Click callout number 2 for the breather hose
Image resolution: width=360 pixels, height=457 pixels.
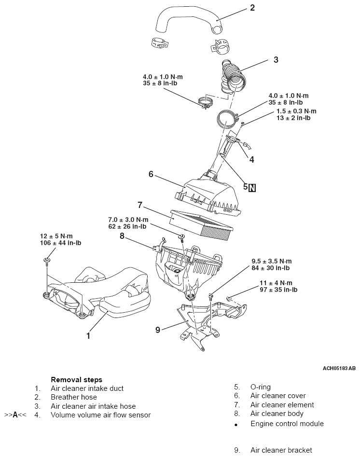(252, 8)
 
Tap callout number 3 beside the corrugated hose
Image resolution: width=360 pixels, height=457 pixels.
(276, 60)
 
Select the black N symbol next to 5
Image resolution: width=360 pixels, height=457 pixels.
(252, 188)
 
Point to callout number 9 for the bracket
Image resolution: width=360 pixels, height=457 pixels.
(158, 330)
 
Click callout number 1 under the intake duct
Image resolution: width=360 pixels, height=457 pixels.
(88, 336)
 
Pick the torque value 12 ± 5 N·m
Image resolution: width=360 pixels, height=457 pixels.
(56, 236)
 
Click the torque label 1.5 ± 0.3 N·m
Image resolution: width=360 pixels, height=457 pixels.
(296, 111)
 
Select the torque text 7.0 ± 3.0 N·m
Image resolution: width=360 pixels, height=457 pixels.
(128, 220)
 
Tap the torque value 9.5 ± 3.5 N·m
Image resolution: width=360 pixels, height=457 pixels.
(272, 261)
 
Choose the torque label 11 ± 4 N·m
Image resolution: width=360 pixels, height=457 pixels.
(276, 283)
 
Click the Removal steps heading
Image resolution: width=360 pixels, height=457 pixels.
(77, 380)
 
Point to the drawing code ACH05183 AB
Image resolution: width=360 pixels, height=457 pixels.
(339, 368)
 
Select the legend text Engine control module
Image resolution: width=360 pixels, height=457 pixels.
(287, 424)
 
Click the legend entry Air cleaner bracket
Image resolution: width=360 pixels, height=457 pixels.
(281, 450)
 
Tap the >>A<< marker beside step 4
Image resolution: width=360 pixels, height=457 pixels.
(15, 415)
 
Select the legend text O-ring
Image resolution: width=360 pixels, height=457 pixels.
(260, 387)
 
